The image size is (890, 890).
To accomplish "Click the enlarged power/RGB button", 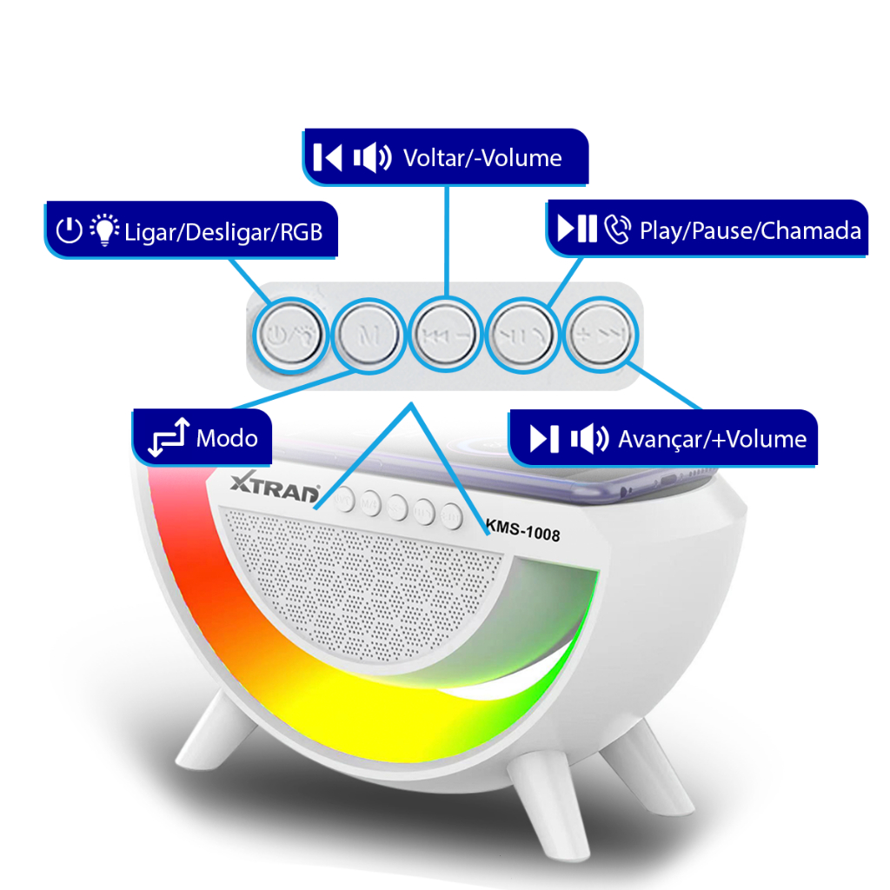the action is pos(290,335).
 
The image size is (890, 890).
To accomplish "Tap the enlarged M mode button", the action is pos(369,335).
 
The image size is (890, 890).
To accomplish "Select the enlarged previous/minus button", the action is pos(446,335).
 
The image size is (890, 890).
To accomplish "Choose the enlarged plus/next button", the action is pos(601,335).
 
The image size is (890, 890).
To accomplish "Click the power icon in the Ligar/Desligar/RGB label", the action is pos(70,230).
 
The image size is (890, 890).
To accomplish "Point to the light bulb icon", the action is pos(104,229).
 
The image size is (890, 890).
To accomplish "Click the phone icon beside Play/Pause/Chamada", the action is pos(617,229).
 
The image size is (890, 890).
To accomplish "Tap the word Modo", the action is pos(227,438).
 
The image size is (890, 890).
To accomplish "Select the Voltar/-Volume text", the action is pos(482,158).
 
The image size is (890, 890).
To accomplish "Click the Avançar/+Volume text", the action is pos(713,439).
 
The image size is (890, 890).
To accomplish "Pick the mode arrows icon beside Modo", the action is pos(169,437).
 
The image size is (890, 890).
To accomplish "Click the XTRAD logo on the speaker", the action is pos(275,488).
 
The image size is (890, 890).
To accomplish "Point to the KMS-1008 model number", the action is pos(522,530).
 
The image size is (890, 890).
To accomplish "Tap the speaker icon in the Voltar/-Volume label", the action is pos(372,157).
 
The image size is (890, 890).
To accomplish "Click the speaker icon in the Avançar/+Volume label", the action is pos(590,439).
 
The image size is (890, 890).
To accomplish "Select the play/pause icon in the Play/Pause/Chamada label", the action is pos(577,229).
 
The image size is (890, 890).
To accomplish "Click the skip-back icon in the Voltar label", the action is pos(328,157).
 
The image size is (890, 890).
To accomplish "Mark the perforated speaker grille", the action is pos(361,585).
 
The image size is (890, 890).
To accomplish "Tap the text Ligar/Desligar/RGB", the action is pos(223,232).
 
